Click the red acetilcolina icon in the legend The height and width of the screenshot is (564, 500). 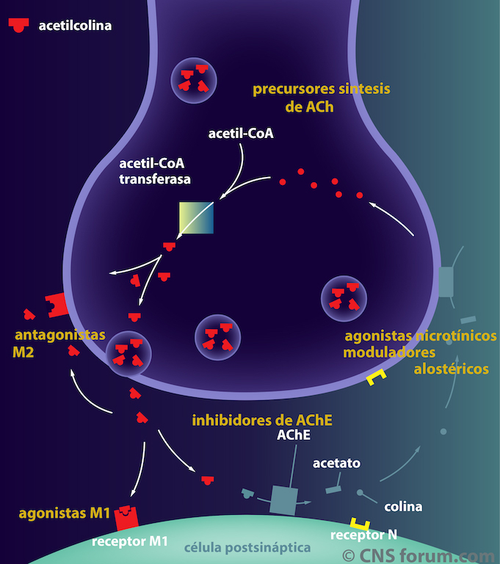pyautogui.click(x=19, y=24)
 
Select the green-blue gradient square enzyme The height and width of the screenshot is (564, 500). pyautogui.click(x=198, y=218)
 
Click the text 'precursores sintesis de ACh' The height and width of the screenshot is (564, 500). pyautogui.click(x=321, y=98)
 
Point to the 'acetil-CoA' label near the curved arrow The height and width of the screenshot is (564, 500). pyautogui.click(x=241, y=134)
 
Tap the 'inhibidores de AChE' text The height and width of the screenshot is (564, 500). pyautogui.click(x=262, y=421)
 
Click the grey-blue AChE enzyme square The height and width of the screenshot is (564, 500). pyautogui.click(x=283, y=499)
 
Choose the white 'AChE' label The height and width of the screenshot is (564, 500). pyautogui.click(x=294, y=435)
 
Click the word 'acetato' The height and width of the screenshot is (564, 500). pyautogui.click(x=336, y=463)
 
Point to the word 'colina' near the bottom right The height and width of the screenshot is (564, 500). pyautogui.click(x=403, y=507)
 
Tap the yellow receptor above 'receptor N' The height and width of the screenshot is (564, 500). pyautogui.click(x=359, y=522)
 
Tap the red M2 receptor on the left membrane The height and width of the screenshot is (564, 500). pyautogui.click(x=56, y=303)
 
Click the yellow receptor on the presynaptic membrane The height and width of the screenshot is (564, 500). pyautogui.click(x=376, y=377)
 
